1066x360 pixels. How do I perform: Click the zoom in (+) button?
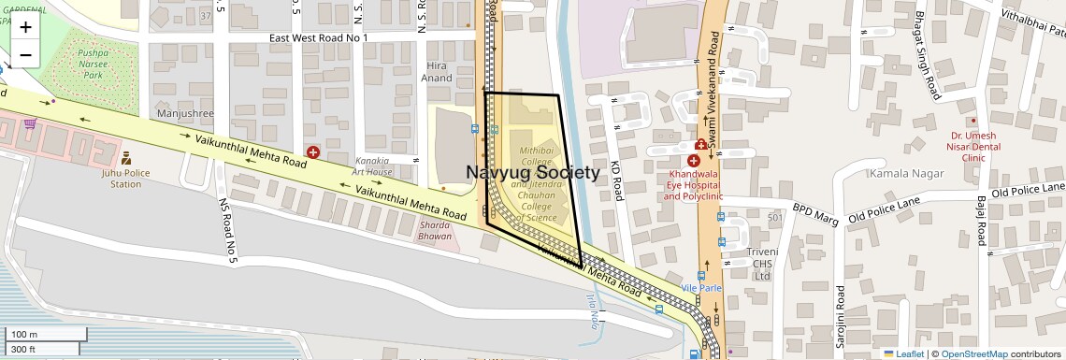coord(25,26)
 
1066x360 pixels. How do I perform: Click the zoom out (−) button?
coord(25,54)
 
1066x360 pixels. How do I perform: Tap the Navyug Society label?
coord(532,172)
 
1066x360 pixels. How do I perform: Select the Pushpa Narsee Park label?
coord(92,64)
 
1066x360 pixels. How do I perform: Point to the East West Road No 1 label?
coord(319,37)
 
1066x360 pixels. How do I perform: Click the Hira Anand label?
coord(439,72)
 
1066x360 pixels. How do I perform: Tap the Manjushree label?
coord(186,114)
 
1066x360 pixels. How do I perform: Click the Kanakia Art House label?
coord(372,166)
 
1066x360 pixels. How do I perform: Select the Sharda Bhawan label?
coord(436,230)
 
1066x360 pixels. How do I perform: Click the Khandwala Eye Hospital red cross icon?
coord(693,162)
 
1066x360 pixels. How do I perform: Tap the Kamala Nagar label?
coord(900,174)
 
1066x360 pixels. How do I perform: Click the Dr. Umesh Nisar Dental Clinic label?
coord(973,146)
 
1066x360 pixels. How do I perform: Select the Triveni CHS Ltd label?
coord(762,264)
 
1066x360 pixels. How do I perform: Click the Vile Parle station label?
coord(701,288)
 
